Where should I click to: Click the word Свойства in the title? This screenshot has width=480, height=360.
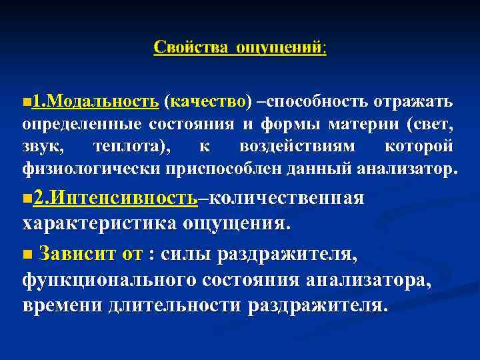click(x=188, y=48)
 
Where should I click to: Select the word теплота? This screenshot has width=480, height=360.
click(x=131, y=146)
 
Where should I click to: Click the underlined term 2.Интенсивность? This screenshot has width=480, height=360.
click(x=115, y=199)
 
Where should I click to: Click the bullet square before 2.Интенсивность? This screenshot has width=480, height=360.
click(x=27, y=199)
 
